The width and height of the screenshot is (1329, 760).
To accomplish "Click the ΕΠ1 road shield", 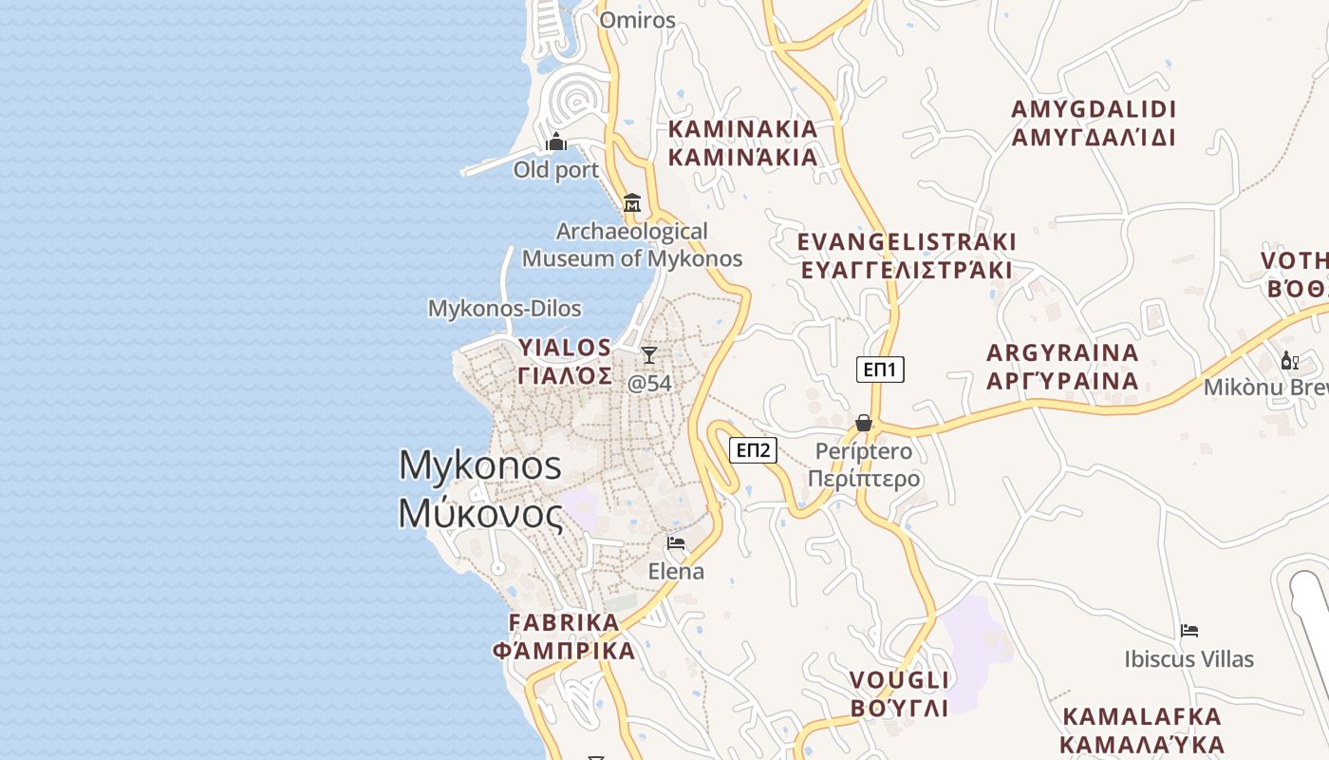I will (x=880, y=370).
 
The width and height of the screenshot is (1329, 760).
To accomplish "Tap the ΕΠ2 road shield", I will (x=754, y=449).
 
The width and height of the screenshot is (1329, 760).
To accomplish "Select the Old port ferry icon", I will (x=556, y=143).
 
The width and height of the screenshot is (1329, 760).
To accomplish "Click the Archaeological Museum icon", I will (x=632, y=202).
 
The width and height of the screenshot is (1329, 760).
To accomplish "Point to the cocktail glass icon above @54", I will (x=649, y=355).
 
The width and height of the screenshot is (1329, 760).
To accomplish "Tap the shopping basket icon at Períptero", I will (x=864, y=423).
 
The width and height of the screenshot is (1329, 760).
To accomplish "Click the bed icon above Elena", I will (x=676, y=543).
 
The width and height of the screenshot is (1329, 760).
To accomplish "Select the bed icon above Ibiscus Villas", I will (x=1189, y=631).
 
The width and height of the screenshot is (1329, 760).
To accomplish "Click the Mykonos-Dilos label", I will (x=504, y=309).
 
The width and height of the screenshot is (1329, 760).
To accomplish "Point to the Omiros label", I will (x=638, y=20).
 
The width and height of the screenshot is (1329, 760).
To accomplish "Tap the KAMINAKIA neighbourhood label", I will (x=742, y=143).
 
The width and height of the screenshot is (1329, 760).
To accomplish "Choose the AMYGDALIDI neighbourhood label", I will (x=1094, y=123).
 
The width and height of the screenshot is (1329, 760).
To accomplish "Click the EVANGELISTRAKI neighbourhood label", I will (x=907, y=256).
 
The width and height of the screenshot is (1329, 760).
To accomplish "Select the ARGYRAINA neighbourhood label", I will (x=1062, y=367).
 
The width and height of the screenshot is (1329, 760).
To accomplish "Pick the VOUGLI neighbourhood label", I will (x=899, y=693).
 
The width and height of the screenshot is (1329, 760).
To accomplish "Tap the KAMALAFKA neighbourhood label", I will (x=1142, y=730).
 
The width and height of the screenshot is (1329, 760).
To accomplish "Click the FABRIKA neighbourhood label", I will (x=564, y=636).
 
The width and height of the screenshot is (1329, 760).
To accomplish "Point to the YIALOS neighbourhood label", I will (x=565, y=361).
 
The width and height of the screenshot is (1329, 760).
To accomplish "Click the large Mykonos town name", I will (x=480, y=489).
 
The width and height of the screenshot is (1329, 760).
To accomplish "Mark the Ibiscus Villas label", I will (x=1189, y=659).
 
